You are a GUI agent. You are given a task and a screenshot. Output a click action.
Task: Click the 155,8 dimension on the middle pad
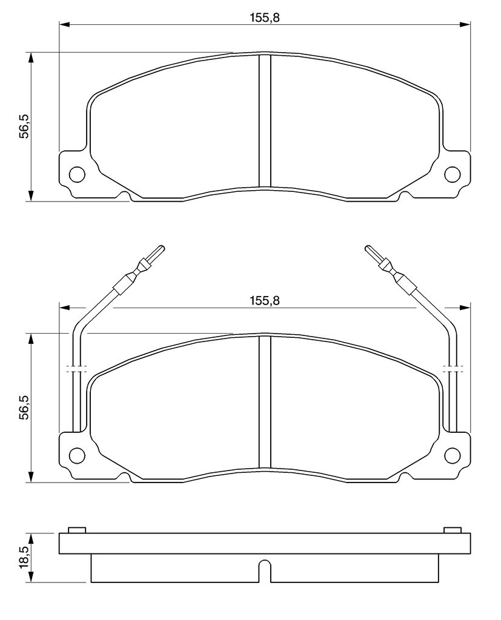[x=264, y=300]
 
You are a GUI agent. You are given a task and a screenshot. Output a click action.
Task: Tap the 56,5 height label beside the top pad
[x=25, y=126]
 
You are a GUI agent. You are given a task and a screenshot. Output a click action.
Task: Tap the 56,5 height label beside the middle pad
[x=25, y=407]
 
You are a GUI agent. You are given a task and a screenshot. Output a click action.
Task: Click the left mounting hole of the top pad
[x=77, y=174]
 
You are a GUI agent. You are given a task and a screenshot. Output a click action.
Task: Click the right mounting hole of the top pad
[x=453, y=174]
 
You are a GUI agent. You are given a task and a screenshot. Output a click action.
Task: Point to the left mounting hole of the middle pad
[x=77, y=455]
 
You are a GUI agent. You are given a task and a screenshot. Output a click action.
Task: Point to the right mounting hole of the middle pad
[x=453, y=455]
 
